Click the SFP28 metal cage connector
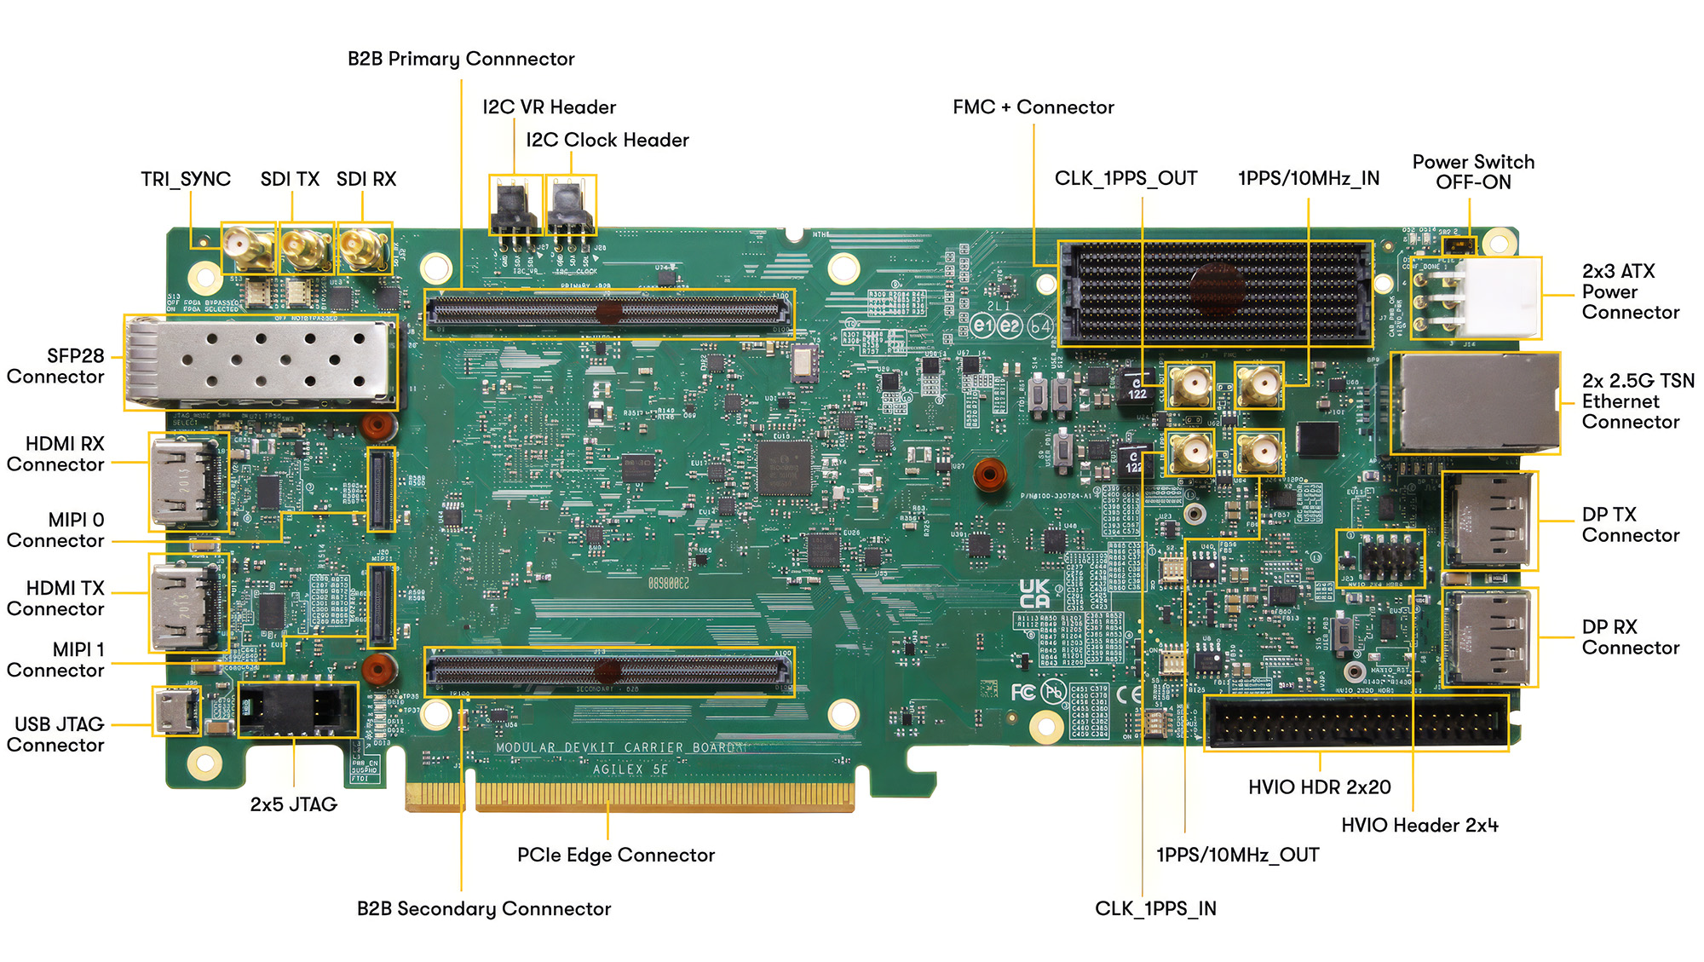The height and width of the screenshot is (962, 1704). click(260, 361)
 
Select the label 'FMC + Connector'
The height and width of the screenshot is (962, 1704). click(1033, 107)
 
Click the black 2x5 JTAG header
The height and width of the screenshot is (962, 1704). click(297, 709)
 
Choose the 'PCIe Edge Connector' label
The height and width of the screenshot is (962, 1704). click(615, 855)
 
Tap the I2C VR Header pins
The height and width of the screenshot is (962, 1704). click(515, 206)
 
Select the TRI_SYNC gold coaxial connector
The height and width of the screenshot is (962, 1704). click(247, 249)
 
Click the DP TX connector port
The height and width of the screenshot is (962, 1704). click(1489, 520)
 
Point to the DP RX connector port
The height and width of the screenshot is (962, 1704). click(1489, 637)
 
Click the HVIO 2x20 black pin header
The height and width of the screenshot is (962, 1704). click(1355, 723)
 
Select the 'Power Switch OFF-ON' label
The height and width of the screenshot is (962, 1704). click(1473, 172)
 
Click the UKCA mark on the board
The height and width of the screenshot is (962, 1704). click(1034, 593)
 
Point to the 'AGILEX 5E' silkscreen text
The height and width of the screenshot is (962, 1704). click(630, 769)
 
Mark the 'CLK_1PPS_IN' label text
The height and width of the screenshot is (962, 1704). click(1155, 908)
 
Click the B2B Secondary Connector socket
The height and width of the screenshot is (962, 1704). click(609, 671)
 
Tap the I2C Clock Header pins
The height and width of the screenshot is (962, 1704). click(570, 206)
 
